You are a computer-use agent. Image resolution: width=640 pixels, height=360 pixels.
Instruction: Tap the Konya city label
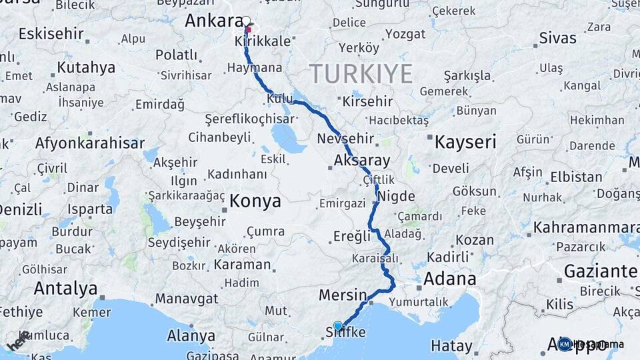[x=255, y=201]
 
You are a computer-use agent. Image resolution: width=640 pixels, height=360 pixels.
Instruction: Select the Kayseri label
[x=465, y=141]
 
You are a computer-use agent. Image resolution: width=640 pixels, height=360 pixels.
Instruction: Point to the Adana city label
[x=450, y=278]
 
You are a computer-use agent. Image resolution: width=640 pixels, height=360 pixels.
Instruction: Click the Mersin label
[x=343, y=295]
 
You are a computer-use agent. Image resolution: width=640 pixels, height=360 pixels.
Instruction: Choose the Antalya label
[x=65, y=288]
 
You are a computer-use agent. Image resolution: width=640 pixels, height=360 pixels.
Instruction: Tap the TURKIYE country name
[x=361, y=73]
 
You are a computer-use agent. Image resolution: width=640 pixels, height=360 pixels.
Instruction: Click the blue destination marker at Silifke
[x=338, y=326]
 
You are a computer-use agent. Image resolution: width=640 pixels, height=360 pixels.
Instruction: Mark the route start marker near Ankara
[x=247, y=21]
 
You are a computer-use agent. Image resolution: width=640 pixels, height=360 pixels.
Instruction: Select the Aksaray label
[x=361, y=161]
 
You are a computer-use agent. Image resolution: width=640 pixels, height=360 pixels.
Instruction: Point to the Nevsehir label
[x=344, y=139]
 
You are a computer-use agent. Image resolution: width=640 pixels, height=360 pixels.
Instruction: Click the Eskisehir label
[x=51, y=33]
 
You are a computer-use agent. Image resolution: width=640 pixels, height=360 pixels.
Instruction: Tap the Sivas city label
[x=557, y=37]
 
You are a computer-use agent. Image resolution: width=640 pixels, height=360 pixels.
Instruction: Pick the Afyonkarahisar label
[x=89, y=143]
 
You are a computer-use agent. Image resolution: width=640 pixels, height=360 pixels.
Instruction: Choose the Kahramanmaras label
[x=586, y=227]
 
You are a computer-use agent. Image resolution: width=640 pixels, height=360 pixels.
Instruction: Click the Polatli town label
[x=176, y=55]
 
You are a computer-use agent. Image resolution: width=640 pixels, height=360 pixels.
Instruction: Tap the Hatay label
[x=451, y=346]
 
